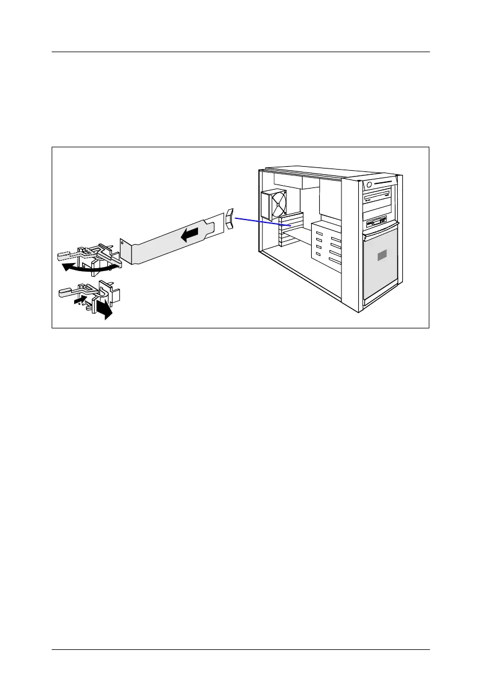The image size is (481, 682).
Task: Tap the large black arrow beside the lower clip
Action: click(104, 310)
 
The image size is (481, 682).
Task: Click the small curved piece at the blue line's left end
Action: click(230, 219)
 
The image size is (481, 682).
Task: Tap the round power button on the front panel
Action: click(369, 185)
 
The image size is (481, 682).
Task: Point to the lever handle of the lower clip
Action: click(69, 292)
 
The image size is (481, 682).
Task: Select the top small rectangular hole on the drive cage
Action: click(319, 232)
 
